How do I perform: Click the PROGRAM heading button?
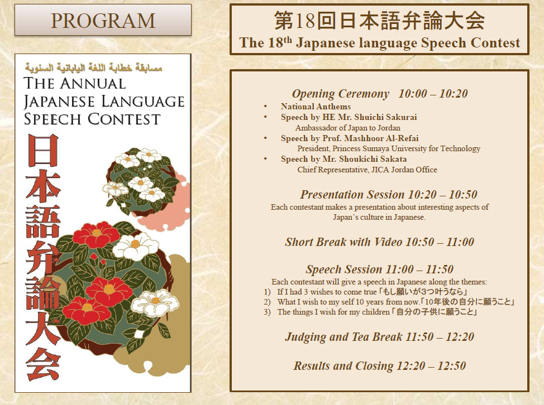tap(103, 20)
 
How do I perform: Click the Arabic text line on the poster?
tap(93, 66)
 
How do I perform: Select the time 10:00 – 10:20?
tap(433, 94)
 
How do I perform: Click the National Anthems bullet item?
tap(316, 107)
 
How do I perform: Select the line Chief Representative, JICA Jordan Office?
tap(367, 170)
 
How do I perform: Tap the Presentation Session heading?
tap(352, 195)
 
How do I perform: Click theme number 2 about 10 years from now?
tap(389, 302)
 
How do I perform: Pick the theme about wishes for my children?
tap(370, 312)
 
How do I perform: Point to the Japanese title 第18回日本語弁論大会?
tap(380, 20)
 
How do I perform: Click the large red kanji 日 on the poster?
tap(43, 150)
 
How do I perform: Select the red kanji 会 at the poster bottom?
tap(43, 363)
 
